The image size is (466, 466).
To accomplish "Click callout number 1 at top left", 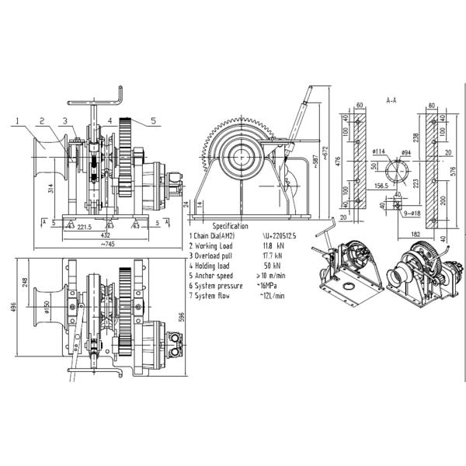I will click(x=16, y=121).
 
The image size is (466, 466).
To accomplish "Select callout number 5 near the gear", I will click(x=154, y=120).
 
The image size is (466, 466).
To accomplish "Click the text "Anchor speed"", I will click(x=213, y=275).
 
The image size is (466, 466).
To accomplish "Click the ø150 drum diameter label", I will click(x=48, y=315).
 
